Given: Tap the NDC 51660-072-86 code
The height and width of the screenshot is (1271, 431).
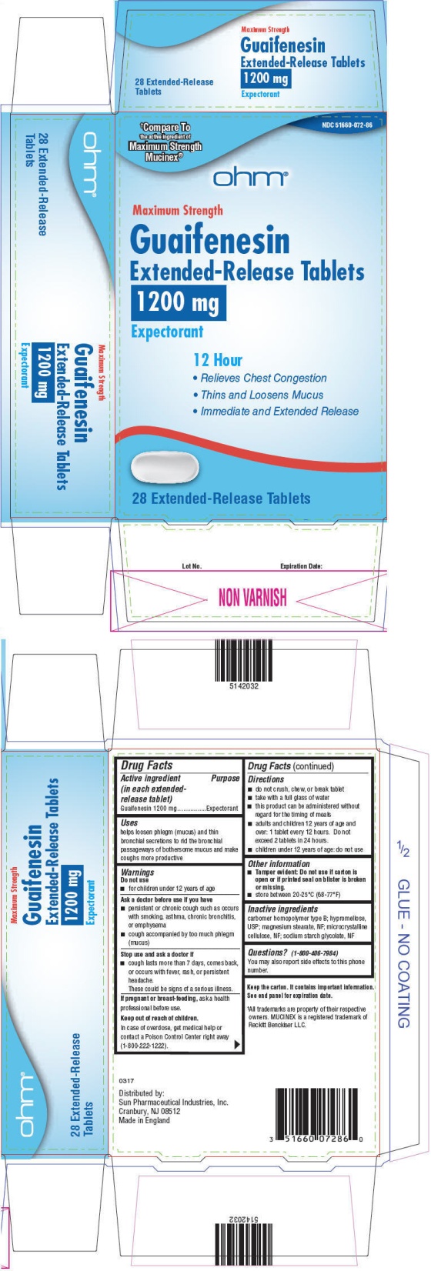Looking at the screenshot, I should tap(348, 124).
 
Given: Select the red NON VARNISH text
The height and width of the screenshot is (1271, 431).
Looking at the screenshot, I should tap(252, 597).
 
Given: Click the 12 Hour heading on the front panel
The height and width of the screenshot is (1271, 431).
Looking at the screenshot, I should tap(218, 360).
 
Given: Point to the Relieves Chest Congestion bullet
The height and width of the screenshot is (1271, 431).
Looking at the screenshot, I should tap(260, 378).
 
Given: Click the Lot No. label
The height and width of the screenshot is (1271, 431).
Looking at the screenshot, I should tap(192, 566).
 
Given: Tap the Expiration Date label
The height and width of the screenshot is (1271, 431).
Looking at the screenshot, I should tap(302, 566).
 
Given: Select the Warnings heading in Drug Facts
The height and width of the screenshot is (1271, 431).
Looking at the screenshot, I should tap(138, 872).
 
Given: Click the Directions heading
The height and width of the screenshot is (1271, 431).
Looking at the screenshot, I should tap(266, 779).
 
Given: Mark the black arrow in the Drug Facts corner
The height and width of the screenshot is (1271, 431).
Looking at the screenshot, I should tap(236, 1045).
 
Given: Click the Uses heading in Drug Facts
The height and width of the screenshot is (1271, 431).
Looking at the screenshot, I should tap(129, 822).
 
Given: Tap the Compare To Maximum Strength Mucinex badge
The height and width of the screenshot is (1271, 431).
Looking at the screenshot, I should tap(165, 142).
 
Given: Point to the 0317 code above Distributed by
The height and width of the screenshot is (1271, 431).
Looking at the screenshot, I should tap(126, 1081).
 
